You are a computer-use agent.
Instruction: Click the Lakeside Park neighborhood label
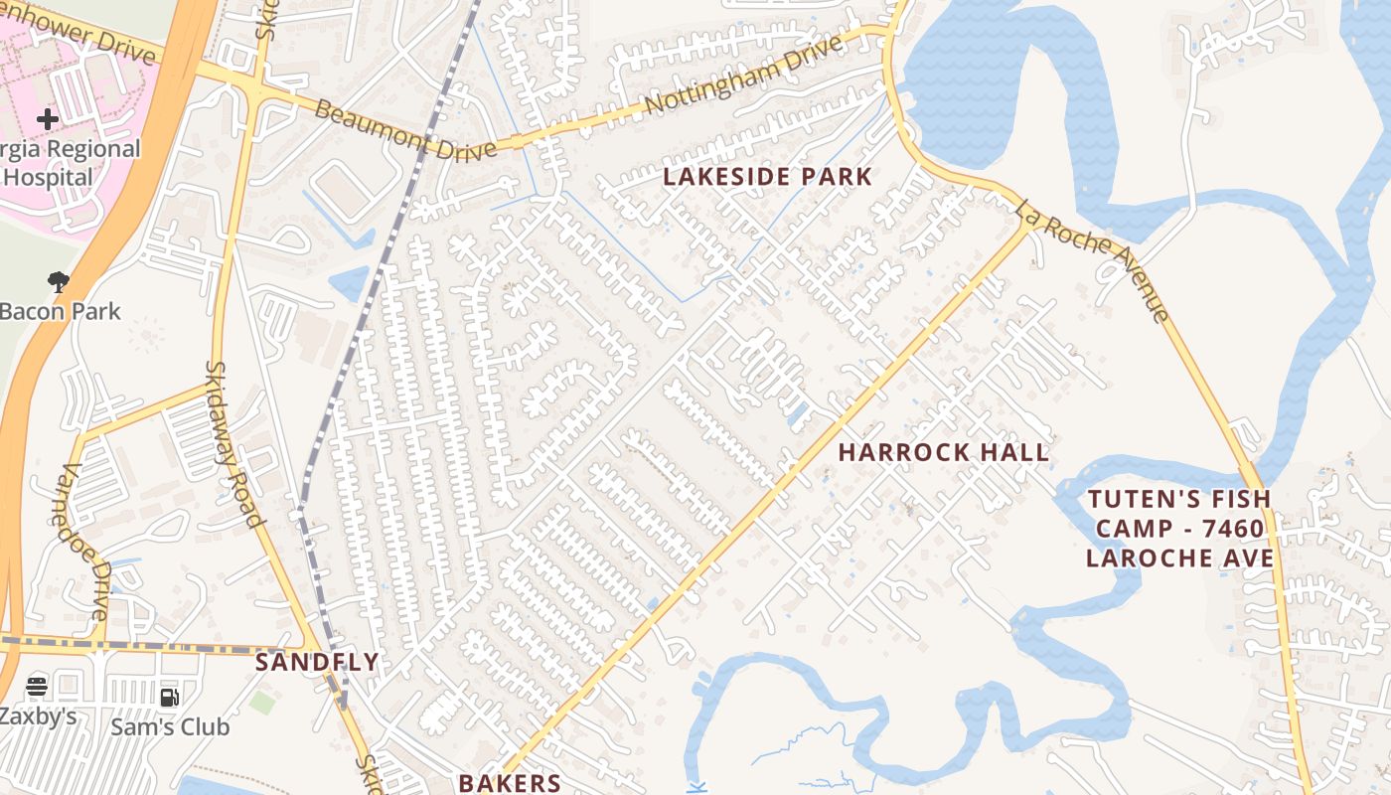(x=767, y=178)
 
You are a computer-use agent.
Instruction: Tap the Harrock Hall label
(x=943, y=452)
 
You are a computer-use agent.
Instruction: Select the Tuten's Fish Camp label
(x=1179, y=529)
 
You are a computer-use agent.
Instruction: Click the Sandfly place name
(x=317, y=662)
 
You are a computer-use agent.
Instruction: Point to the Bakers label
(x=510, y=782)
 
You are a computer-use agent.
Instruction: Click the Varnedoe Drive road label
(x=84, y=542)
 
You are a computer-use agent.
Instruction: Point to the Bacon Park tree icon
(x=59, y=282)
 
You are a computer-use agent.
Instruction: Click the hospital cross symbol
(x=47, y=120)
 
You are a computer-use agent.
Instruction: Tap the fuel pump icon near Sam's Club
(x=170, y=697)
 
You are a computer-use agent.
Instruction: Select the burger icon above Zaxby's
(x=37, y=686)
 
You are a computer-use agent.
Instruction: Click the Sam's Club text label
(x=170, y=727)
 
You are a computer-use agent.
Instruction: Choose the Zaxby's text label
(x=38, y=715)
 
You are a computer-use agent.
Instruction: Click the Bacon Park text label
(x=60, y=311)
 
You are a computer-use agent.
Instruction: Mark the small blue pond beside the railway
(x=350, y=283)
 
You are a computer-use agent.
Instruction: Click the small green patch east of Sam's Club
(x=261, y=702)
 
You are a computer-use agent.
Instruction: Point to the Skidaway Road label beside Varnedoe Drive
(x=234, y=443)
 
